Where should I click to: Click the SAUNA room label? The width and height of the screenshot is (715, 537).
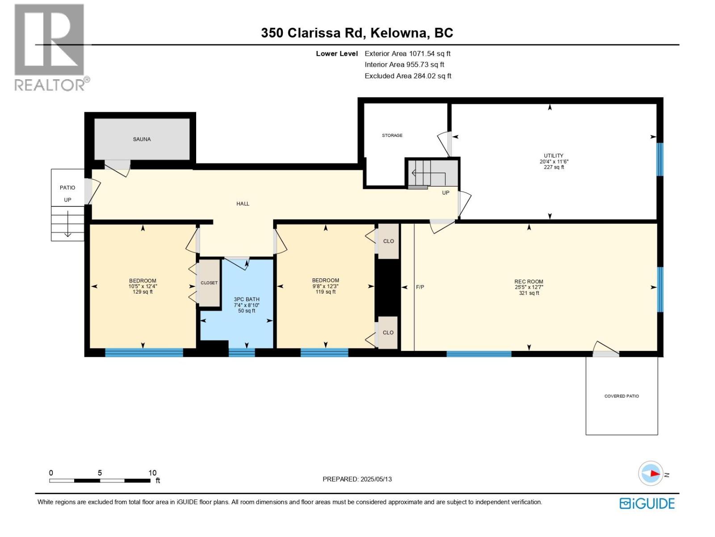[x=142, y=139]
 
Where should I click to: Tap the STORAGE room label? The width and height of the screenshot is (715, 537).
[x=392, y=135]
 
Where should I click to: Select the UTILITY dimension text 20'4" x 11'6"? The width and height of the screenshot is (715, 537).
[x=554, y=162]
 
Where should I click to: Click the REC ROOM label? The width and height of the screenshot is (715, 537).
[x=529, y=282]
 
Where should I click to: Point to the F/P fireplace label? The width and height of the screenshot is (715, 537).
[x=420, y=287]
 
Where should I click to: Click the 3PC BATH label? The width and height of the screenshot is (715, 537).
[x=246, y=299]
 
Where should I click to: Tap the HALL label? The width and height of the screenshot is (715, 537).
[x=243, y=204]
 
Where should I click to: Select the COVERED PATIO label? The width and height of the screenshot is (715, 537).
[x=621, y=396]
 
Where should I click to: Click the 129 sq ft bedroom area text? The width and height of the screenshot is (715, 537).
[x=143, y=292]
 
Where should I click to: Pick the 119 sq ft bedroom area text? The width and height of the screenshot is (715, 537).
[x=325, y=292]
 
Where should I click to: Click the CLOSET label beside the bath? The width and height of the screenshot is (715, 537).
[x=209, y=283]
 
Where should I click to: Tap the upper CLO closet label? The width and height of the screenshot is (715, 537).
[x=388, y=241]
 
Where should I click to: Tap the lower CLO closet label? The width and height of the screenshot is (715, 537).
[x=388, y=332]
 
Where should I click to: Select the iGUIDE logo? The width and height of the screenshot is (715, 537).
[x=647, y=503]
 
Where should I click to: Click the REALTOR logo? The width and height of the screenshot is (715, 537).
[x=50, y=47]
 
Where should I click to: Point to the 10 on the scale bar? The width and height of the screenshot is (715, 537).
[x=152, y=473]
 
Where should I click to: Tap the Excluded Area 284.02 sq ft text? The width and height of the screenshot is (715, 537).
[x=408, y=76]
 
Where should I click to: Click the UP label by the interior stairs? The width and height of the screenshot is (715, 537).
[x=446, y=193]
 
